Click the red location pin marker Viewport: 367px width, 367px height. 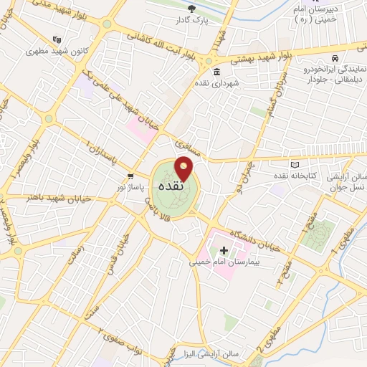click(185, 168)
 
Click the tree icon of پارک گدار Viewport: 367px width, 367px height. click(191, 8)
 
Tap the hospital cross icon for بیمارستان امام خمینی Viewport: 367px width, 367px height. click(224, 250)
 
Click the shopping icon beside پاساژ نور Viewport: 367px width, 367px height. click(130, 175)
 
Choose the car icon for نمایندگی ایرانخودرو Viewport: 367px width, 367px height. click(334, 56)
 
